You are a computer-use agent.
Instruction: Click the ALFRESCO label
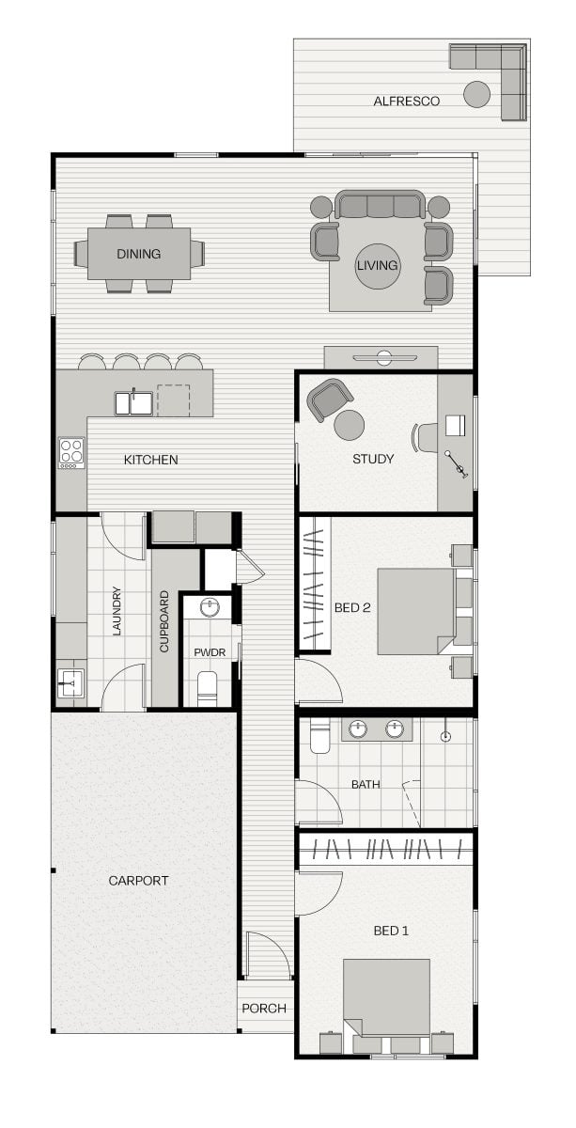click(x=406, y=102)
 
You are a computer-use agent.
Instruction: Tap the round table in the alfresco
click(x=476, y=94)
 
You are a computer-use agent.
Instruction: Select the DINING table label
click(x=138, y=254)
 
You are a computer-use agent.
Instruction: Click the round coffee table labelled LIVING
click(x=377, y=266)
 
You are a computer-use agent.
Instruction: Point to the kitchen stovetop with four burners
click(x=71, y=452)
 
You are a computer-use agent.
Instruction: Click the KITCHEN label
click(x=150, y=460)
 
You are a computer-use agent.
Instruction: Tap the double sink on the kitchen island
click(x=133, y=403)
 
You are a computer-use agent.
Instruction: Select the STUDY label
click(x=373, y=459)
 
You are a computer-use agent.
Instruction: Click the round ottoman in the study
click(x=349, y=425)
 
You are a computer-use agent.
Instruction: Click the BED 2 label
click(x=352, y=607)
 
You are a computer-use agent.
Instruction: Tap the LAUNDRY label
click(x=117, y=610)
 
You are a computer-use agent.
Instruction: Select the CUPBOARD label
click(x=164, y=621)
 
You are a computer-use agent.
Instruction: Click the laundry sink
click(x=70, y=682)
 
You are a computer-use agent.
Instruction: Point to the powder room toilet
click(x=207, y=688)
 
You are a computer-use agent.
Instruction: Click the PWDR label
click(x=210, y=652)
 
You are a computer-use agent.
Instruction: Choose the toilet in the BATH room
click(x=319, y=736)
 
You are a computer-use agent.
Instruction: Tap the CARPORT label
click(x=138, y=881)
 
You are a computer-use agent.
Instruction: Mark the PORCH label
click(x=264, y=1008)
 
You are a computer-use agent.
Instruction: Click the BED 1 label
click(x=391, y=916)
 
